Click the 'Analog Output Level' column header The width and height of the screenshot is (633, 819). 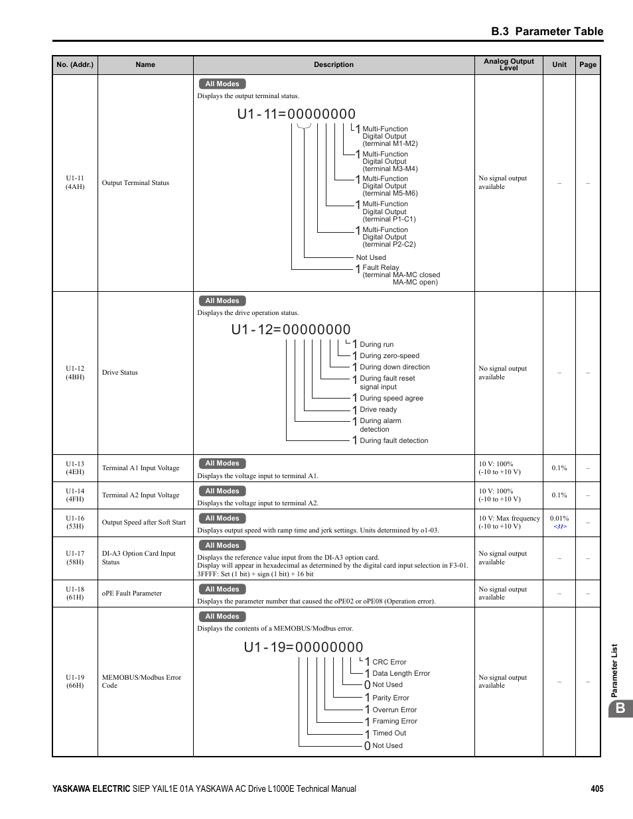click(508, 64)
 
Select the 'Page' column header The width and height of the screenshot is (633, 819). click(587, 64)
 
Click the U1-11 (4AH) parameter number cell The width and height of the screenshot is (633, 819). click(75, 182)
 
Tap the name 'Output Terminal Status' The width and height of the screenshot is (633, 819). click(135, 182)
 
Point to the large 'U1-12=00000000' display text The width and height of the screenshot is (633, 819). click(291, 330)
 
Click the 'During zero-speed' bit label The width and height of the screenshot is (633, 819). click(389, 355)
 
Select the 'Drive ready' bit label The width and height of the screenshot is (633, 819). click(378, 409)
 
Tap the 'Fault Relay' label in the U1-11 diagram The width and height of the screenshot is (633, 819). click(381, 267)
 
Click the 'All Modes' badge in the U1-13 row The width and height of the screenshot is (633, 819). click(222, 464)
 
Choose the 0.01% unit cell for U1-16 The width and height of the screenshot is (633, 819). click(559, 518)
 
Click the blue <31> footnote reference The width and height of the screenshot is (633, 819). click(560, 527)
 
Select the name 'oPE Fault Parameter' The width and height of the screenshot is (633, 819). click(132, 593)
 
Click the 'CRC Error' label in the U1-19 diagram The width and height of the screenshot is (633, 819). click(389, 662)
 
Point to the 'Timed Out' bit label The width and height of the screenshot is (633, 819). click(389, 733)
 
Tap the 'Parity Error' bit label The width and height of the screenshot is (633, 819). click(391, 698)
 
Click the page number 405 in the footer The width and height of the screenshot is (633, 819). click(597, 788)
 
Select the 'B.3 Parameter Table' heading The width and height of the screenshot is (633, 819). click(547, 31)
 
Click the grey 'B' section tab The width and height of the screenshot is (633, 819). click(620, 708)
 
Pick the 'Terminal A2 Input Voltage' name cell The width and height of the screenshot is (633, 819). click(141, 495)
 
